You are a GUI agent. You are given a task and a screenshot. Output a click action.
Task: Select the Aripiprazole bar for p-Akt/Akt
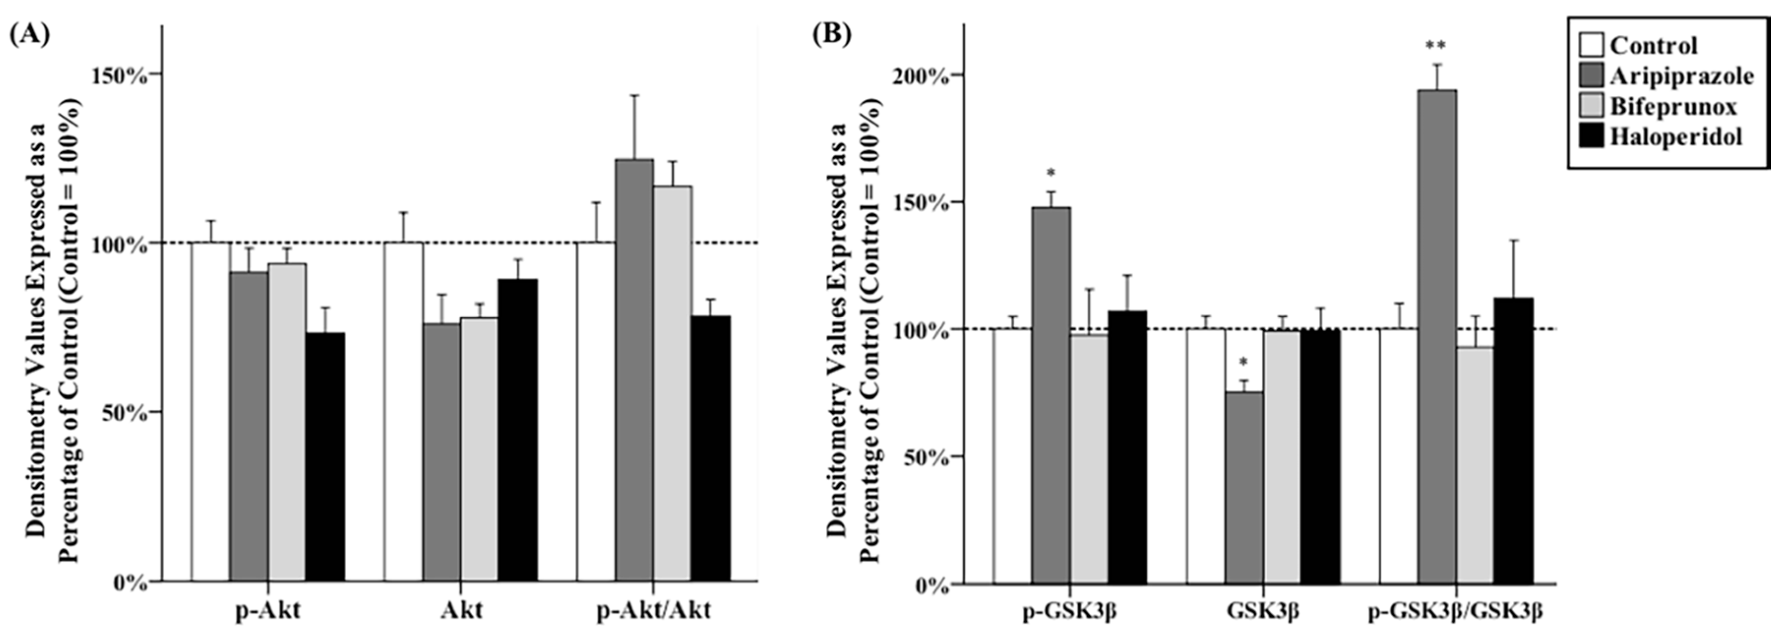tap(634, 370)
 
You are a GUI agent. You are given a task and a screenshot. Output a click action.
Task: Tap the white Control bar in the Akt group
tap(404, 411)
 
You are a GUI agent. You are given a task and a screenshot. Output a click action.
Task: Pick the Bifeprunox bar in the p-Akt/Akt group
tap(673, 383)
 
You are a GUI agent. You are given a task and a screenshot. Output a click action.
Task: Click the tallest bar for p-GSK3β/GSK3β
tap(1437, 336)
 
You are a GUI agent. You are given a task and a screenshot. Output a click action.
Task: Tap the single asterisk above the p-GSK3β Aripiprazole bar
tap(1051, 173)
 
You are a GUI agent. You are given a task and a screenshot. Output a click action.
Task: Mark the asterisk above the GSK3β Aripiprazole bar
tap(1244, 362)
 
